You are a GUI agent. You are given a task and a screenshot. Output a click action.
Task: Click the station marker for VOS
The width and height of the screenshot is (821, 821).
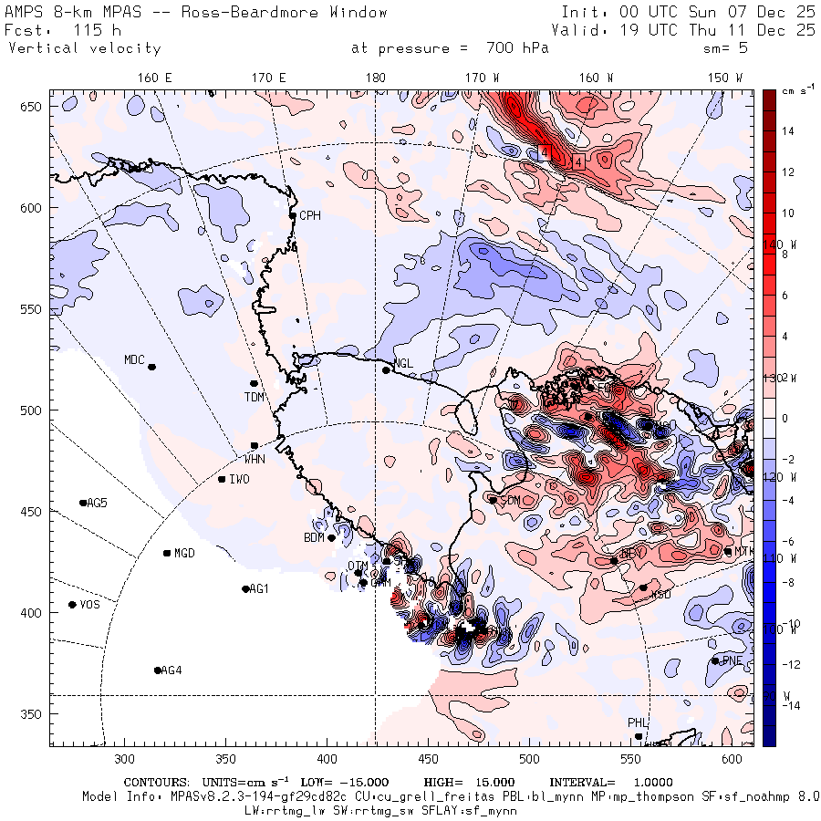coord(72,605)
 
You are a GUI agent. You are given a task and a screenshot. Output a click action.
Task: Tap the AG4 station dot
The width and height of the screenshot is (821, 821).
coord(158,670)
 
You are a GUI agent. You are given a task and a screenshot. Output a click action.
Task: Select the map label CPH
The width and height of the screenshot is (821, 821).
coord(311,215)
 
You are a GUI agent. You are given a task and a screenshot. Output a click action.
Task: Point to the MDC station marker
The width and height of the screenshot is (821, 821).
coord(151,367)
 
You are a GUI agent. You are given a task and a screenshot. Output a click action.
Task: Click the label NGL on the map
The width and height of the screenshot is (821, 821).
coord(403,363)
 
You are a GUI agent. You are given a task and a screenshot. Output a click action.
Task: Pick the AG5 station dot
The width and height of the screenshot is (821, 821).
coord(83,503)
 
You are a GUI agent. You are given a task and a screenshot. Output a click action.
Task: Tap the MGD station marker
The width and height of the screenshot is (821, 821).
coord(167,553)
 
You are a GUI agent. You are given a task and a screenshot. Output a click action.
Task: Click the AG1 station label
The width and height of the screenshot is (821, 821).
coord(260,588)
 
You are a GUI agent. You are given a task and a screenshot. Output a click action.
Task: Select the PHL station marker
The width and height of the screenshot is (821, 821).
coord(639,736)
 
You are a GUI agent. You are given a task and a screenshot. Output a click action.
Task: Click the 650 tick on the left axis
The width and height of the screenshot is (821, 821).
coord(35,108)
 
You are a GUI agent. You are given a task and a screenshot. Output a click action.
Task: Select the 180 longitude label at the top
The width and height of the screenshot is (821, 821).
coord(375,78)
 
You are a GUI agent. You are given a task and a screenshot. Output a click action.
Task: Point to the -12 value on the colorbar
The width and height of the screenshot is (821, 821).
coord(790,664)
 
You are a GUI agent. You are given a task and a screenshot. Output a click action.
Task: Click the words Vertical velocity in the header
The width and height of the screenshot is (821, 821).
coord(85,48)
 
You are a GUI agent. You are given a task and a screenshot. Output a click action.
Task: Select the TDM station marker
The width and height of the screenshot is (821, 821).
coord(254,383)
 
